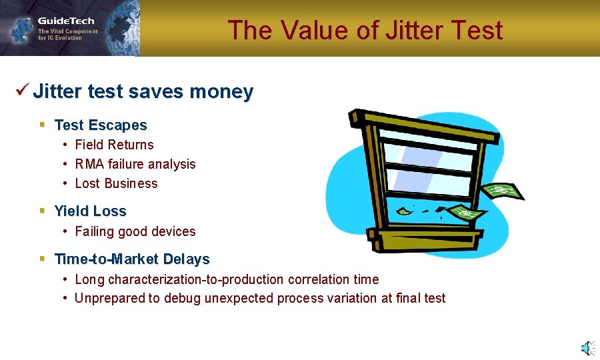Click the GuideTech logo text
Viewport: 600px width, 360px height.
[x=66, y=21]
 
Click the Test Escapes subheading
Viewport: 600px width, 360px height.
[x=101, y=125]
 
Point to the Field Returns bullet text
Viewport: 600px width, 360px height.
[x=114, y=145]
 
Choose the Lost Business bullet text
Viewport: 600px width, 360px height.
[x=116, y=183]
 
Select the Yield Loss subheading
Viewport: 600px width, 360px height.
[x=90, y=211]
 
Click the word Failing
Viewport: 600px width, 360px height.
[x=94, y=231]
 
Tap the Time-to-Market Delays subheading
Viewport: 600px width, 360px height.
[x=132, y=259]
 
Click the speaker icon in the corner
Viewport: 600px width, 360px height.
[x=587, y=347]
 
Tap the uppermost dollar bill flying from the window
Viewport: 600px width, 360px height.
[x=503, y=191]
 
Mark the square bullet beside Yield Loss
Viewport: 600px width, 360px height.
[x=42, y=211]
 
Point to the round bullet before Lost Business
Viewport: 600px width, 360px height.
[x=65, y=183]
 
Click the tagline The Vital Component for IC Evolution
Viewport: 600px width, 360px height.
[x=67, y=35]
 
